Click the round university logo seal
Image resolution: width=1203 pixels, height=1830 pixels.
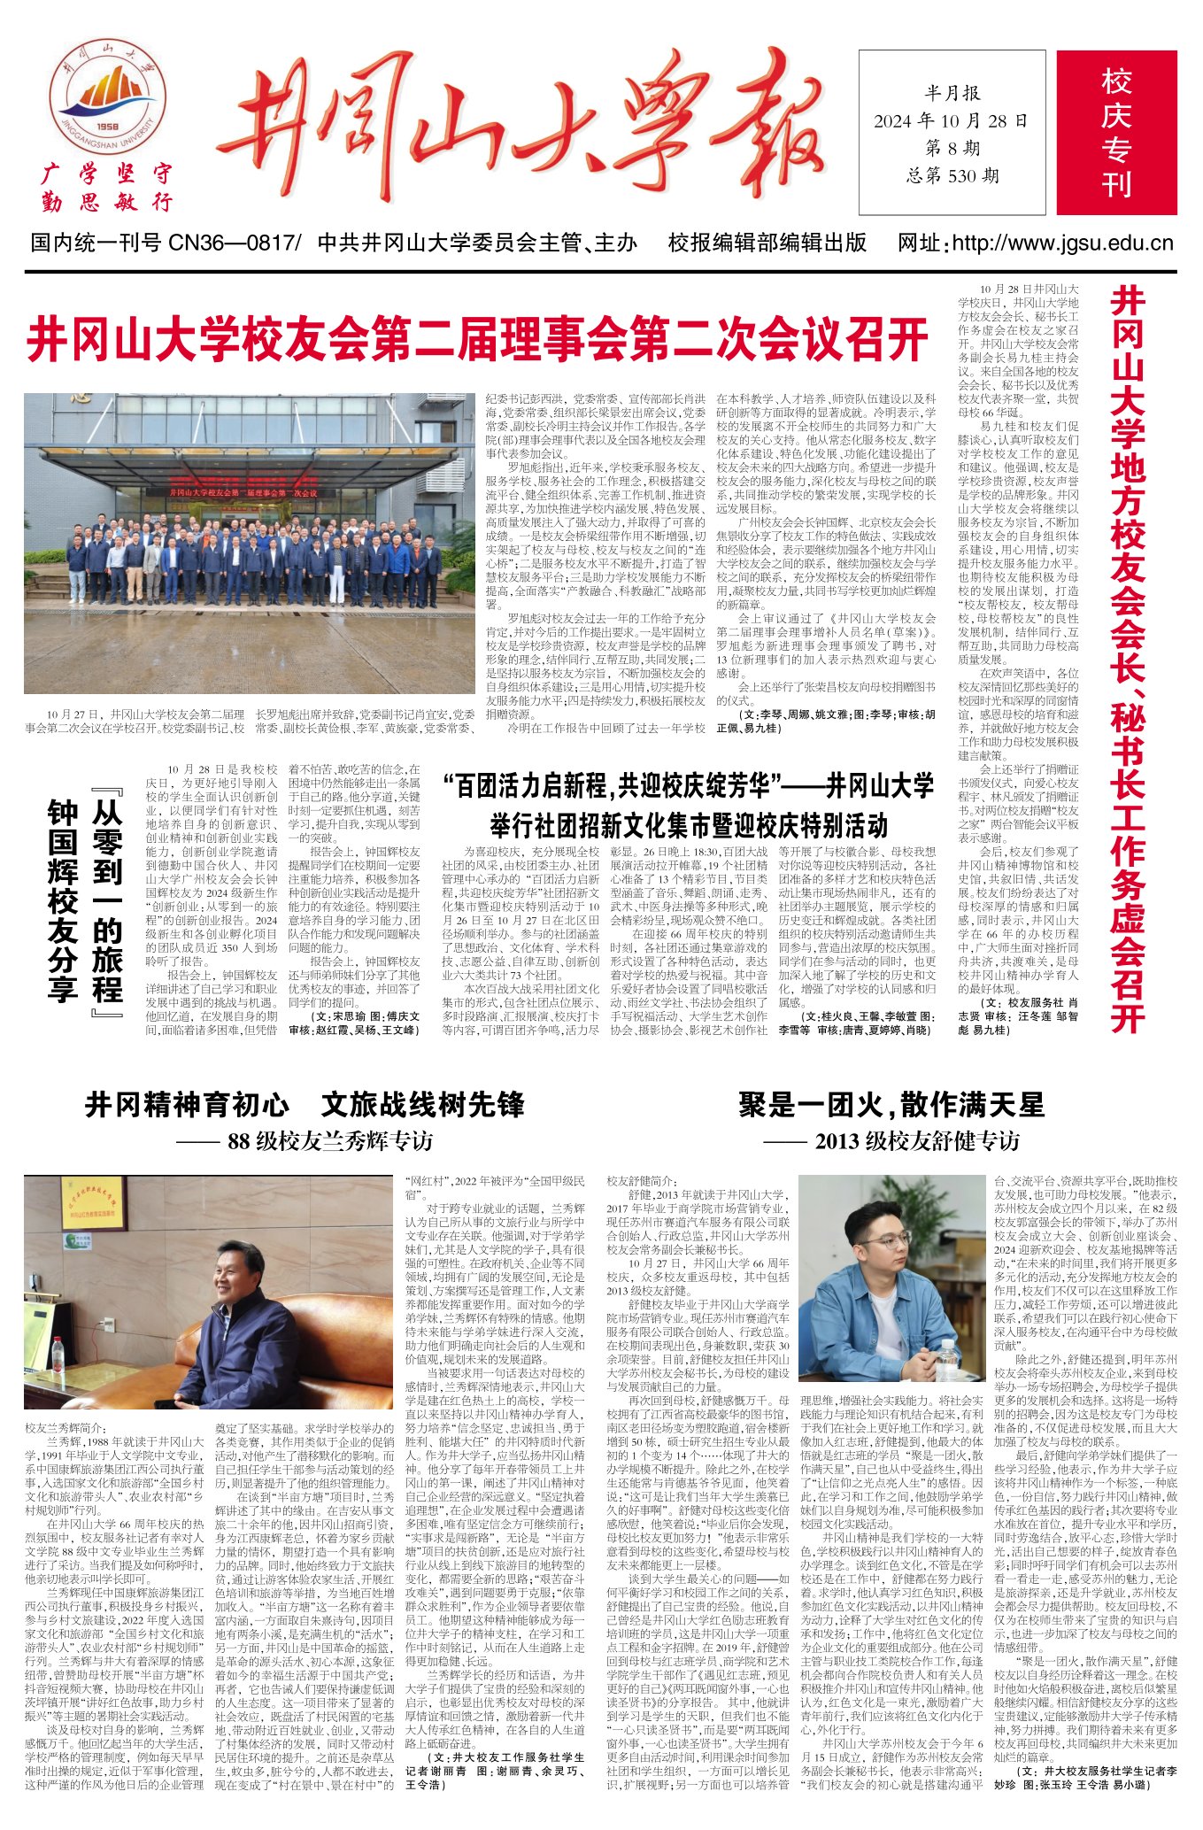pyautogui.click(x=107, y=105)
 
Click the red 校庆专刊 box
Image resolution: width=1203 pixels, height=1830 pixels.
pyautogui.click(x=1115, y=133)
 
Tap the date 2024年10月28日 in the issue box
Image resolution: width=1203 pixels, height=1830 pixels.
pyautogui.click(x=951, y=121)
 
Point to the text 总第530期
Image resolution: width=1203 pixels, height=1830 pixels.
pyautogui.click(x=952, y=176)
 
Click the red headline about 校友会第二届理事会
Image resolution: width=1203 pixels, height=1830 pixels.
pyautogui.click(x=477, y=340)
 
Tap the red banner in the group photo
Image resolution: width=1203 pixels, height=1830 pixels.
pyautogui.click(x=244, y=491)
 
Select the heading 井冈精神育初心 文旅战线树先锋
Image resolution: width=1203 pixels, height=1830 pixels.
pyautogui.click(x=305, y=1105)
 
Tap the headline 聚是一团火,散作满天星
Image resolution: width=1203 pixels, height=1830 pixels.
pyautogui.click(x=891, y=1105)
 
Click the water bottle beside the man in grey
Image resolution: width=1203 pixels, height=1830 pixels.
pyautogui.click(x=947, y=1363)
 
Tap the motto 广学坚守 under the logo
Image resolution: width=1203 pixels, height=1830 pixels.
pyautogui.click(x=107, y=174)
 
